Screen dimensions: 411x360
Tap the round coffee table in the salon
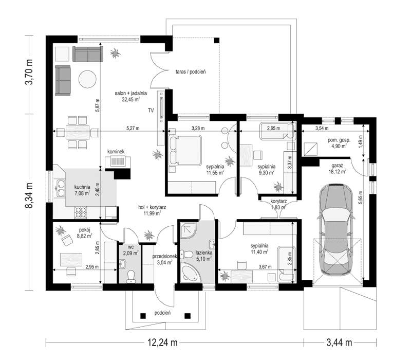click(87, 80)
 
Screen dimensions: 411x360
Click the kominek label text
click(116, 152)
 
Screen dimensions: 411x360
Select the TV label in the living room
click(151, 111)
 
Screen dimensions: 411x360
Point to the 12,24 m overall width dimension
click(162, 343)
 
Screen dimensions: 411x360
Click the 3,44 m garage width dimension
click(339, 343)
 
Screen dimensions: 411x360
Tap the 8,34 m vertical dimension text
click(29, 195)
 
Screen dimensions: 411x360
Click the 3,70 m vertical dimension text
click(29, 72)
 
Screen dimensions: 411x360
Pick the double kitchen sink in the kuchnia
click(61, 188)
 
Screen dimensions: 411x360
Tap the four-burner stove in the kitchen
click(81, 212)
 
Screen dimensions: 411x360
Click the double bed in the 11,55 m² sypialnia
click(185, 150)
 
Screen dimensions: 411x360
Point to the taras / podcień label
click(191, 71)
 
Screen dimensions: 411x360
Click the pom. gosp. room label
click(339, 140)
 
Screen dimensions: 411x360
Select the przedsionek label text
click(165, 256)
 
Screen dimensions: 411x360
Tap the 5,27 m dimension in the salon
click(133, 128)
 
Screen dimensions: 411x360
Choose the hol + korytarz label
click(152, 207)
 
